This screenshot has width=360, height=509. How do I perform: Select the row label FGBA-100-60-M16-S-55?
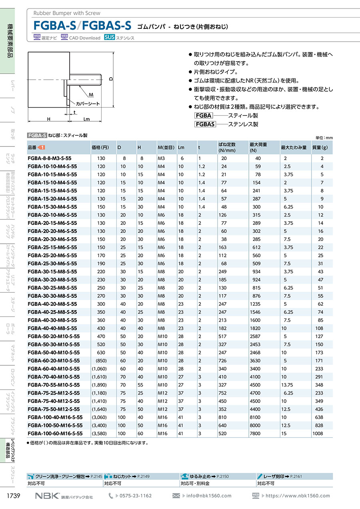[x=55, y=433]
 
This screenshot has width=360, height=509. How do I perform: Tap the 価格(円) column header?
[x=100, y=147]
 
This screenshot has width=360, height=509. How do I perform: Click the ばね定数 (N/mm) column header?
[x=226, y=147]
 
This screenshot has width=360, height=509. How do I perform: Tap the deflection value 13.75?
[x=288, y=385]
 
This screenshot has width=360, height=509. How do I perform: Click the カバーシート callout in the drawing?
[x=88, y=104]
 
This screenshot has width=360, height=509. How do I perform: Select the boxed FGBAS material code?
[x=205, y=124]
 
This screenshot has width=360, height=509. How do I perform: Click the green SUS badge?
[x=109, y=38]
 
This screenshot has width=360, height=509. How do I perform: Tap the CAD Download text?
[x=84, y=38]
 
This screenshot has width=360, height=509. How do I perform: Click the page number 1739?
[x=14, y=496]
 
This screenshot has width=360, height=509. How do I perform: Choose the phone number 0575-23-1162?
[x=136, y=496]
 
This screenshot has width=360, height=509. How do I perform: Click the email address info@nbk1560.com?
[x=208, y=496]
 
